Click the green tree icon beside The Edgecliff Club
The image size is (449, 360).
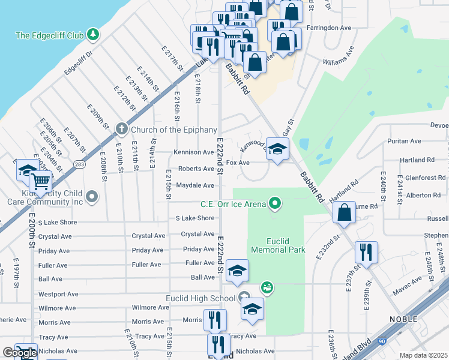click(x=92, y=35)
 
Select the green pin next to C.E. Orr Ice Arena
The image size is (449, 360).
click(x=276, y=205)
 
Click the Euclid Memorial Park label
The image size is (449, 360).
click(x=278, y=245)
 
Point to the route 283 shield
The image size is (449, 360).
click(x=79, y=164)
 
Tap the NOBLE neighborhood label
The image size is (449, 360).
click(x=403, y=319)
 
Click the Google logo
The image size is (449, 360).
click(x=20, y=353)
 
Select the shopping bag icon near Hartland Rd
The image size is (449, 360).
click(x=344, y=213)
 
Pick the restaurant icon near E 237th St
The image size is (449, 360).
click(x=366, y=253)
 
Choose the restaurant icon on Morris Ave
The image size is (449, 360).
click(x=215, y=319)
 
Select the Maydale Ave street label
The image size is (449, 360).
click(x=195, y=185)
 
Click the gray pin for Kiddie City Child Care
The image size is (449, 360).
click(x=92, y=196)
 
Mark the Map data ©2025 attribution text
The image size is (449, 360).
click(x=424, y=356)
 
